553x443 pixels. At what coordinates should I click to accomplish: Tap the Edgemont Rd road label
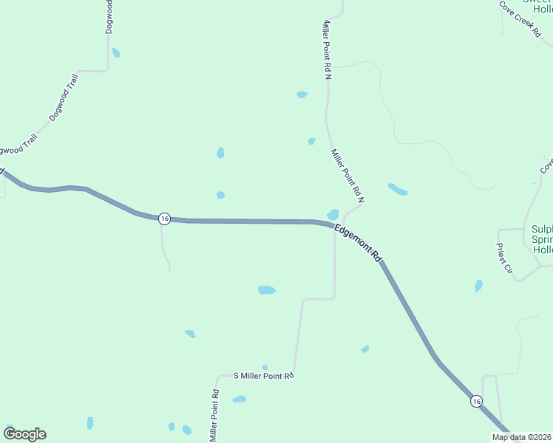coord(357,244)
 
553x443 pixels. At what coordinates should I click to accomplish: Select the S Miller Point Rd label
coord(264,376)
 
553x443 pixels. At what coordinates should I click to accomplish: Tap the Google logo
coord(24,434)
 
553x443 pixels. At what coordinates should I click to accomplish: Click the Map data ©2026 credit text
coord(522,437)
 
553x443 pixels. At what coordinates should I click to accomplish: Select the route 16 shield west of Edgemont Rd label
coord(164,219)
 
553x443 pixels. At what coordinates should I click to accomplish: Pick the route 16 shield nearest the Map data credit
coord(477,401)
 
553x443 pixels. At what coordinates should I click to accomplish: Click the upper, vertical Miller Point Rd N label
coord(326,49)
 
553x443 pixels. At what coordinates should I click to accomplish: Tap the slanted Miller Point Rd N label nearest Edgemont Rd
coord(348,176)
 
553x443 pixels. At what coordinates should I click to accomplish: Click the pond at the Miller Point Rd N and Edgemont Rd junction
coord(333,214)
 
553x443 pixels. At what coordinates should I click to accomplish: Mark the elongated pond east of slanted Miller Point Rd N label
coord(397,189)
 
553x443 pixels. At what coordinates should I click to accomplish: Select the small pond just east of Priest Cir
coord(479,285)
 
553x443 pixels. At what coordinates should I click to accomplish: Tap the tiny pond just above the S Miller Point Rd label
coord(265,367)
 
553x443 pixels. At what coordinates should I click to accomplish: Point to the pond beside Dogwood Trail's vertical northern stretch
coord(116,53)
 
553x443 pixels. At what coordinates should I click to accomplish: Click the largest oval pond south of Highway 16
coord(267,290)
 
